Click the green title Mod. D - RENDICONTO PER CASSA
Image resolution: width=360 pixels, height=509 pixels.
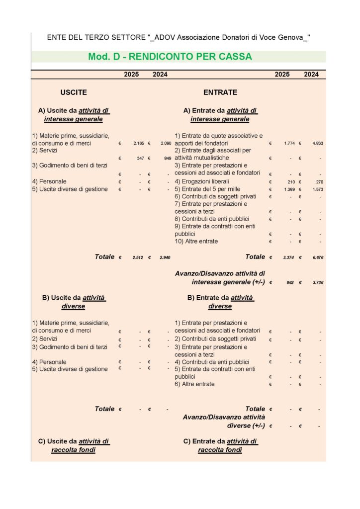click(170, 57)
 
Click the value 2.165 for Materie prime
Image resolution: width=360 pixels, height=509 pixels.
click(139, 143)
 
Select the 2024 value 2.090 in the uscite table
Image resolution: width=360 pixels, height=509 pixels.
click(166, 143)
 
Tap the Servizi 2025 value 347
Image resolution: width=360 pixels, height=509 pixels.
click(141, 158)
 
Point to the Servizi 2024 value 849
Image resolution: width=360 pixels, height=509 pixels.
click(168, 158)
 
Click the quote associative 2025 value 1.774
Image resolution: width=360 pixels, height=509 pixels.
click(289, 143)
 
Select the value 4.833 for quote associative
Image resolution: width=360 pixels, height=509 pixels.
click(318, 143)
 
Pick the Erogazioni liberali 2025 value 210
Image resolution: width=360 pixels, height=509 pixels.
click(291, 182)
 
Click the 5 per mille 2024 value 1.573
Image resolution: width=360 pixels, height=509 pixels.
click(318, 189)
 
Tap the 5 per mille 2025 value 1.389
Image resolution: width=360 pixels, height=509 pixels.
click(289, 189)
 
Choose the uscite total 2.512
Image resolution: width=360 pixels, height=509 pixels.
click(138, 257)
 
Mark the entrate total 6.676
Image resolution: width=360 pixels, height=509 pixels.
click(318, 257)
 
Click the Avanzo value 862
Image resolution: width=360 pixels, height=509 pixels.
click(291, 282)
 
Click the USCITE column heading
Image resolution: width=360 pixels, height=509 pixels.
click(74, 92)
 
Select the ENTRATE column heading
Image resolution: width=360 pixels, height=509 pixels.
click(220, 92)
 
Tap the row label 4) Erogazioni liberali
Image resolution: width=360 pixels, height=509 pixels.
click(202, 181)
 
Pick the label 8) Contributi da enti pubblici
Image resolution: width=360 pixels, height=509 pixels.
click(212, 219)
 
